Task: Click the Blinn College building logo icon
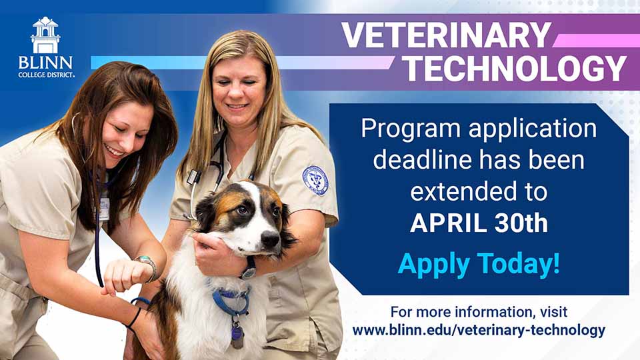(x=45, y=35)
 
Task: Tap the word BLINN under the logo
(x=45, y=62)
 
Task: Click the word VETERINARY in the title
(x=446, y=35)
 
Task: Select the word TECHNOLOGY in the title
(x=517, y=69)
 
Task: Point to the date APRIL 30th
(x=479, y=223)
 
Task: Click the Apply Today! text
(x=479, y=264)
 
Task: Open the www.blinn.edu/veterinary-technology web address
(x=479, y=330)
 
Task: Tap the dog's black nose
(x=269, y=238)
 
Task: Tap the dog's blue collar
(x=230, y=302)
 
